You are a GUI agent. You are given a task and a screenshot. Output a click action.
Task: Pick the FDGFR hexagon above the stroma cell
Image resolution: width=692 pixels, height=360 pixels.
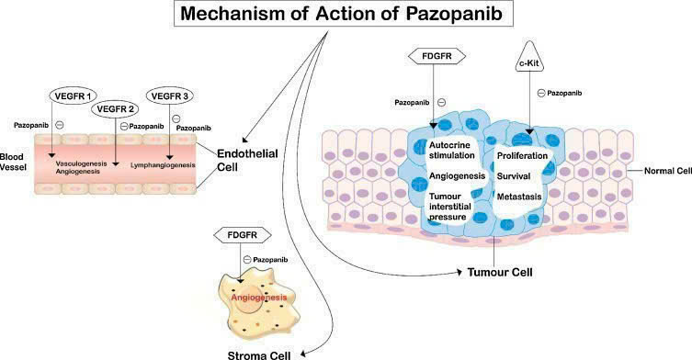pyautogui.click(x=239, y=237)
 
